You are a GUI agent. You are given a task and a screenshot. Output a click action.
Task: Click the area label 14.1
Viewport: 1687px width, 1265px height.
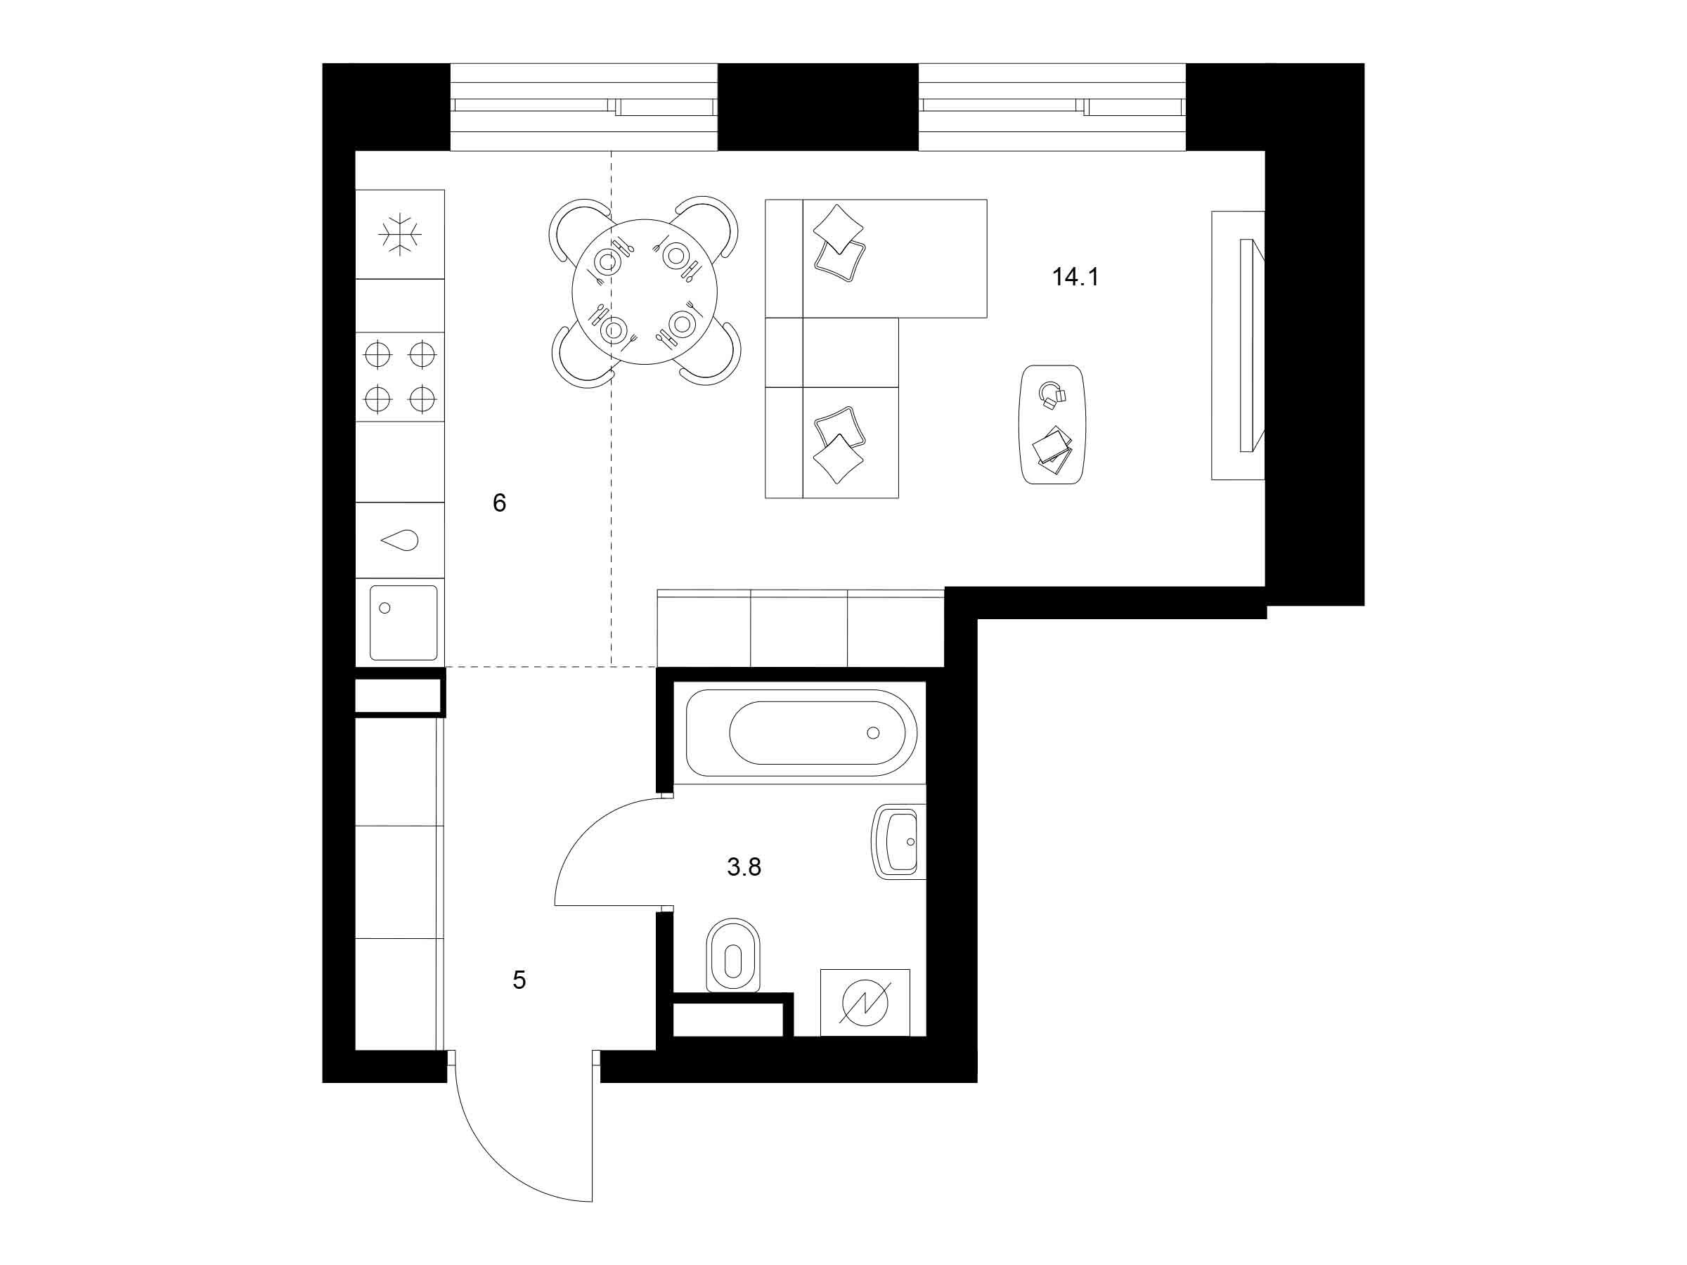tap(1075, 277)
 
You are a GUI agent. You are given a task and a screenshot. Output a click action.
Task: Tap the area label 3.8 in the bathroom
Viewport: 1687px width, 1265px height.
tap(744, 867)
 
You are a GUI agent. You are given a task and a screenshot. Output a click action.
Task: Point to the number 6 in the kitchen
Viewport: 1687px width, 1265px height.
tap(500, 502)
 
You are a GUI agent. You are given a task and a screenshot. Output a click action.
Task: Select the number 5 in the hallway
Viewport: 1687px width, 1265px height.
tap(519, 980)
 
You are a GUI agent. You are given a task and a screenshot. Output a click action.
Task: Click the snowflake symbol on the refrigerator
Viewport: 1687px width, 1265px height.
tap(400, 234)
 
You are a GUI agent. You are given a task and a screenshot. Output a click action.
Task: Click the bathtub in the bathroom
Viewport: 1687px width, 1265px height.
tap(801, 733)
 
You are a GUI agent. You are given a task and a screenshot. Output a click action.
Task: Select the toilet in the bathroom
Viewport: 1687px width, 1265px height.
tap(733, 955)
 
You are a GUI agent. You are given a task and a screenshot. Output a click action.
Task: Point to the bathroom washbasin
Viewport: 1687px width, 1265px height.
tap(898, 842)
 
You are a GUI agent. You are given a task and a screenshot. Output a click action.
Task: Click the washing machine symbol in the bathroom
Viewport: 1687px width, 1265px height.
tap(865, 1002)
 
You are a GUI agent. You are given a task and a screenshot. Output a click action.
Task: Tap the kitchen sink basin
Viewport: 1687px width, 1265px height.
tap(403, 623)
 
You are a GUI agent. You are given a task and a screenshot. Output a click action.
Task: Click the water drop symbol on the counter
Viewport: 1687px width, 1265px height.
tap(400, 540)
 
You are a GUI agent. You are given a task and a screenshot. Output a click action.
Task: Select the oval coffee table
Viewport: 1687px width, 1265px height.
tap(1052, 424)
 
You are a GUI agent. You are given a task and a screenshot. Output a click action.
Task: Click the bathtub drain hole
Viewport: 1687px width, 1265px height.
tap(873, 733)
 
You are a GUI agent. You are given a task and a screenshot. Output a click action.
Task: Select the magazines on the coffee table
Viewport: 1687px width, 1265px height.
tap(1052, 450)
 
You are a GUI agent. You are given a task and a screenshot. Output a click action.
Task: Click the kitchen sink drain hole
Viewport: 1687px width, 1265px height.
tap(384, 608)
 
